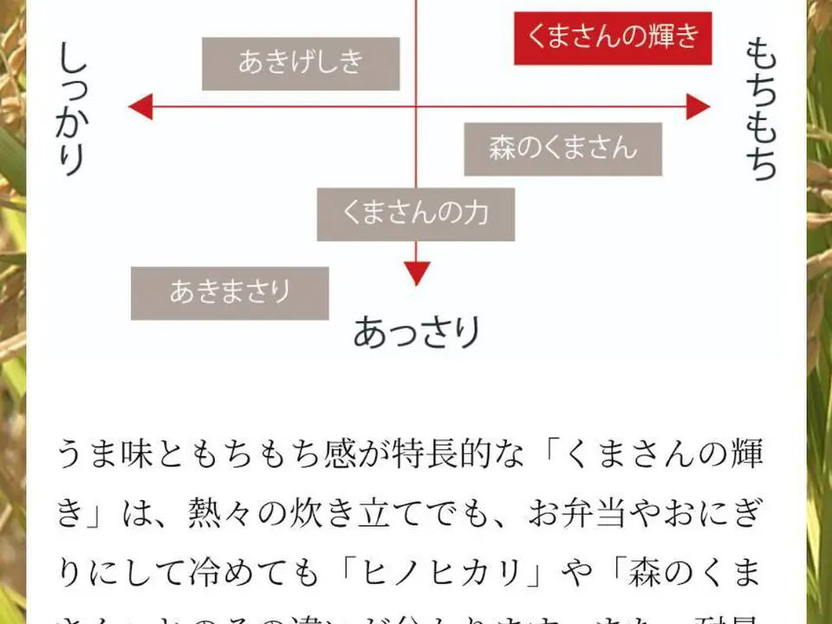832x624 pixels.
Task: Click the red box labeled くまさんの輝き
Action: click(613, 38)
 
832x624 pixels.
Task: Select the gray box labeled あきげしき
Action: click(301, 63)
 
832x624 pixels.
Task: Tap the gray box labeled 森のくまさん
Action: click(562, 149)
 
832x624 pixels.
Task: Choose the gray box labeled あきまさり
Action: click(230, 293)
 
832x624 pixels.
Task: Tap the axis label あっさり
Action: click(417, 332)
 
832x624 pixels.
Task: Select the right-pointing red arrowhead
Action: click(699, 107)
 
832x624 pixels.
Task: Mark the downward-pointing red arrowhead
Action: click(417, 274)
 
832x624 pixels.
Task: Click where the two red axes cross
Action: click(417, 107)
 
